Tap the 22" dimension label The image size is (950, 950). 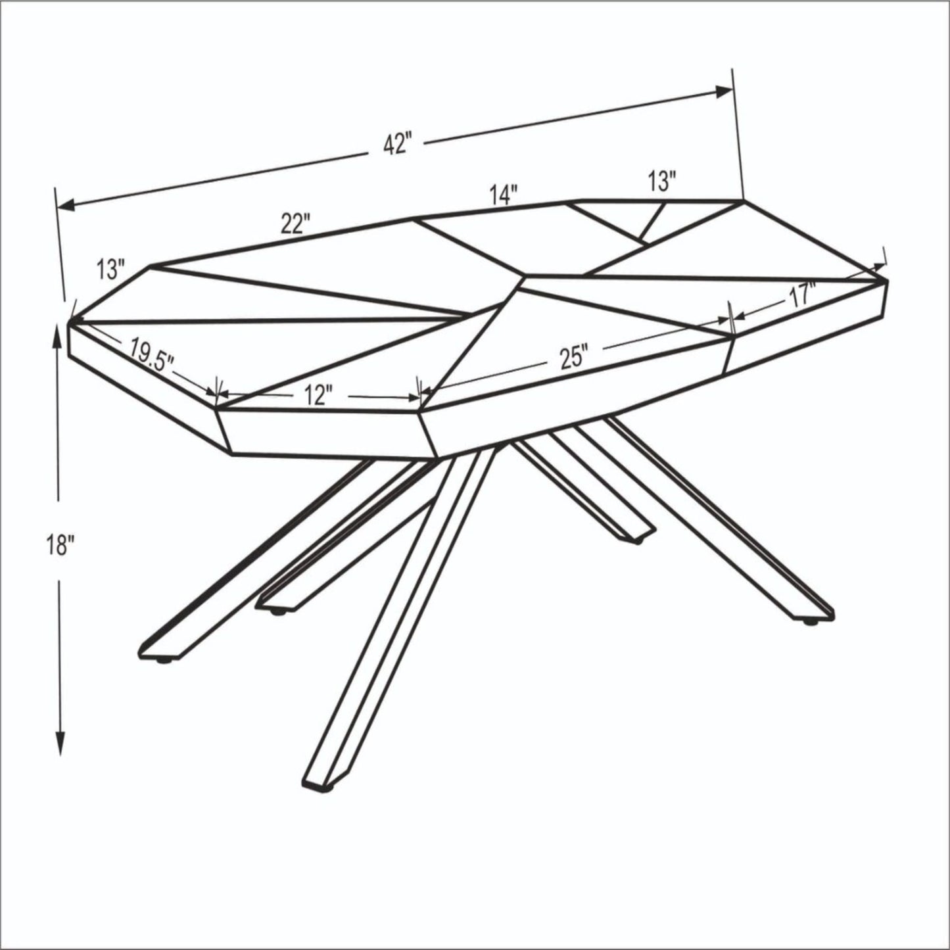(293, 224)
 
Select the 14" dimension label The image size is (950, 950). (504, 195)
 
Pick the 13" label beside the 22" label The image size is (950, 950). (110, 268)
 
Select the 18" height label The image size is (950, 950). (61, 544)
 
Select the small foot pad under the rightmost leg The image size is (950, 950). (811, 621)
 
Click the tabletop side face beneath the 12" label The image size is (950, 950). (329, 433)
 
